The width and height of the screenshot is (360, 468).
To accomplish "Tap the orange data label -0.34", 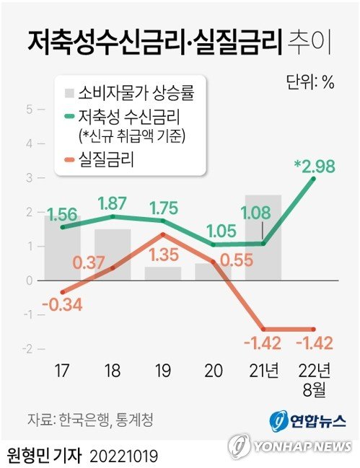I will [x=61, y=304].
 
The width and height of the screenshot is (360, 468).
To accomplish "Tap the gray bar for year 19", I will [x=162, y=273].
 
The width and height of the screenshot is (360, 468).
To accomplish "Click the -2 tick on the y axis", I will [x=30, y=349].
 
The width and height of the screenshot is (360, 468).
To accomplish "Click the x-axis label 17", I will [x=61, y=373].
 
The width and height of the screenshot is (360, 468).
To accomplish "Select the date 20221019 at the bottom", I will [x=124, y=456].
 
